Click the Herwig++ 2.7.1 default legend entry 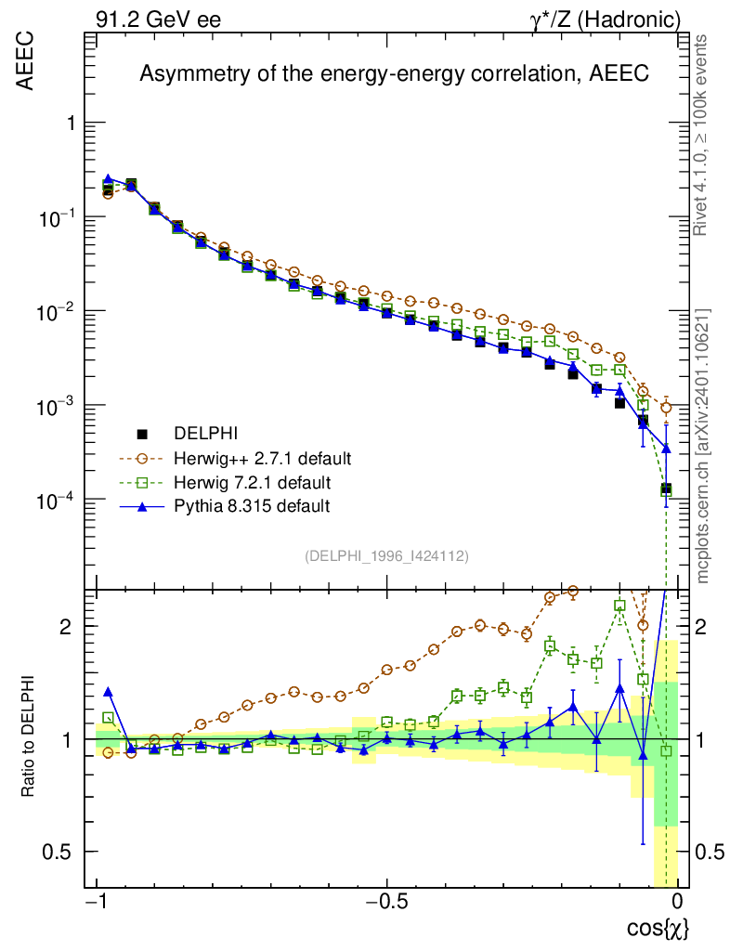tap(261, 459)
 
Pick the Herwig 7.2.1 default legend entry tap(252, 483)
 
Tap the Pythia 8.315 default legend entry tap(252, 507)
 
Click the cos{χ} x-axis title tap(658, 928)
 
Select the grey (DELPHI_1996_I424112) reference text tap(386, 556)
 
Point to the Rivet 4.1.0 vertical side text tap(703, 135)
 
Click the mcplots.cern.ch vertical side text tap(703, 446)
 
